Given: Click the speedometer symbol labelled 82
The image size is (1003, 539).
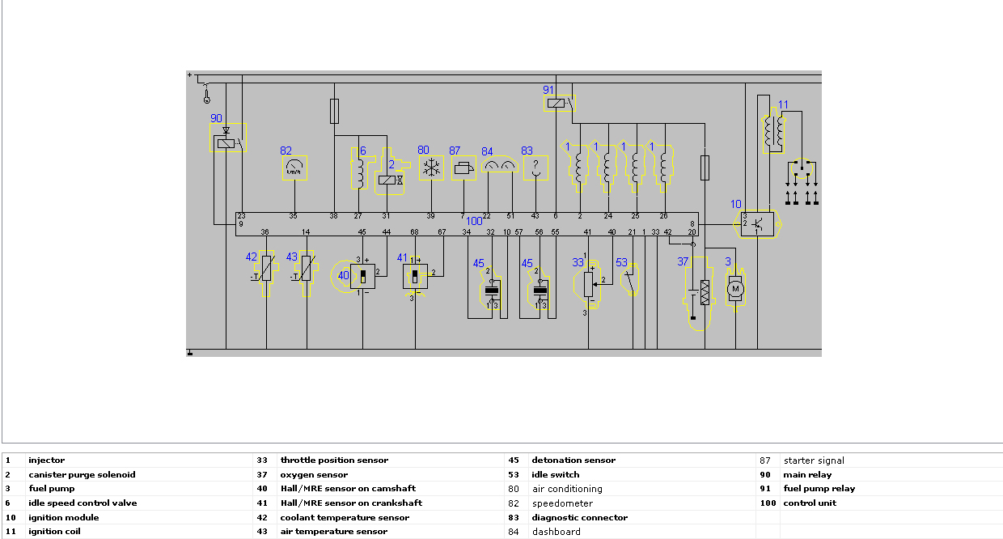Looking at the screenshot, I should (x=294, y=168).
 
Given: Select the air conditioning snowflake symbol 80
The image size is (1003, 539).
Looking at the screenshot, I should (x=432, y=168).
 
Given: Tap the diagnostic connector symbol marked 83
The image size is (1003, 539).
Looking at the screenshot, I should (x=534, y=168).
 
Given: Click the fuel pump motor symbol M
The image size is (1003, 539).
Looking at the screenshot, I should (x=734, y=288).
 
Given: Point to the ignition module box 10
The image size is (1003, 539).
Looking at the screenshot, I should (x=757, y=223).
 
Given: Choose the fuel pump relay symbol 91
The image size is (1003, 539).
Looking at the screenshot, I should (x=557, y=103).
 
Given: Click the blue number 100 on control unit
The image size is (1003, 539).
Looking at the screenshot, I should (x=474, y=221).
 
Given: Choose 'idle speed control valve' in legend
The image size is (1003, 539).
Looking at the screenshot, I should (x=83, y=503).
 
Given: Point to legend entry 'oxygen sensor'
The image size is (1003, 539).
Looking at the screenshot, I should (x=314, y=475).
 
